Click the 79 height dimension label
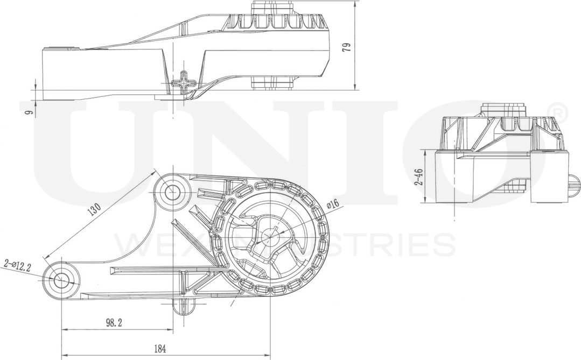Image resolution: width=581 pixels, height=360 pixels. coord(347,46)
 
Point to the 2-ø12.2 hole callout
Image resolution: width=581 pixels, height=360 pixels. coord(16,265)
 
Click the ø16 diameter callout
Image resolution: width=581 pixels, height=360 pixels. coord(332,203)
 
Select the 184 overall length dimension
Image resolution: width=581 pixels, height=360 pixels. coord(159,349)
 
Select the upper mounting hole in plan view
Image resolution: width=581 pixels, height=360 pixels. coord(172,190)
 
